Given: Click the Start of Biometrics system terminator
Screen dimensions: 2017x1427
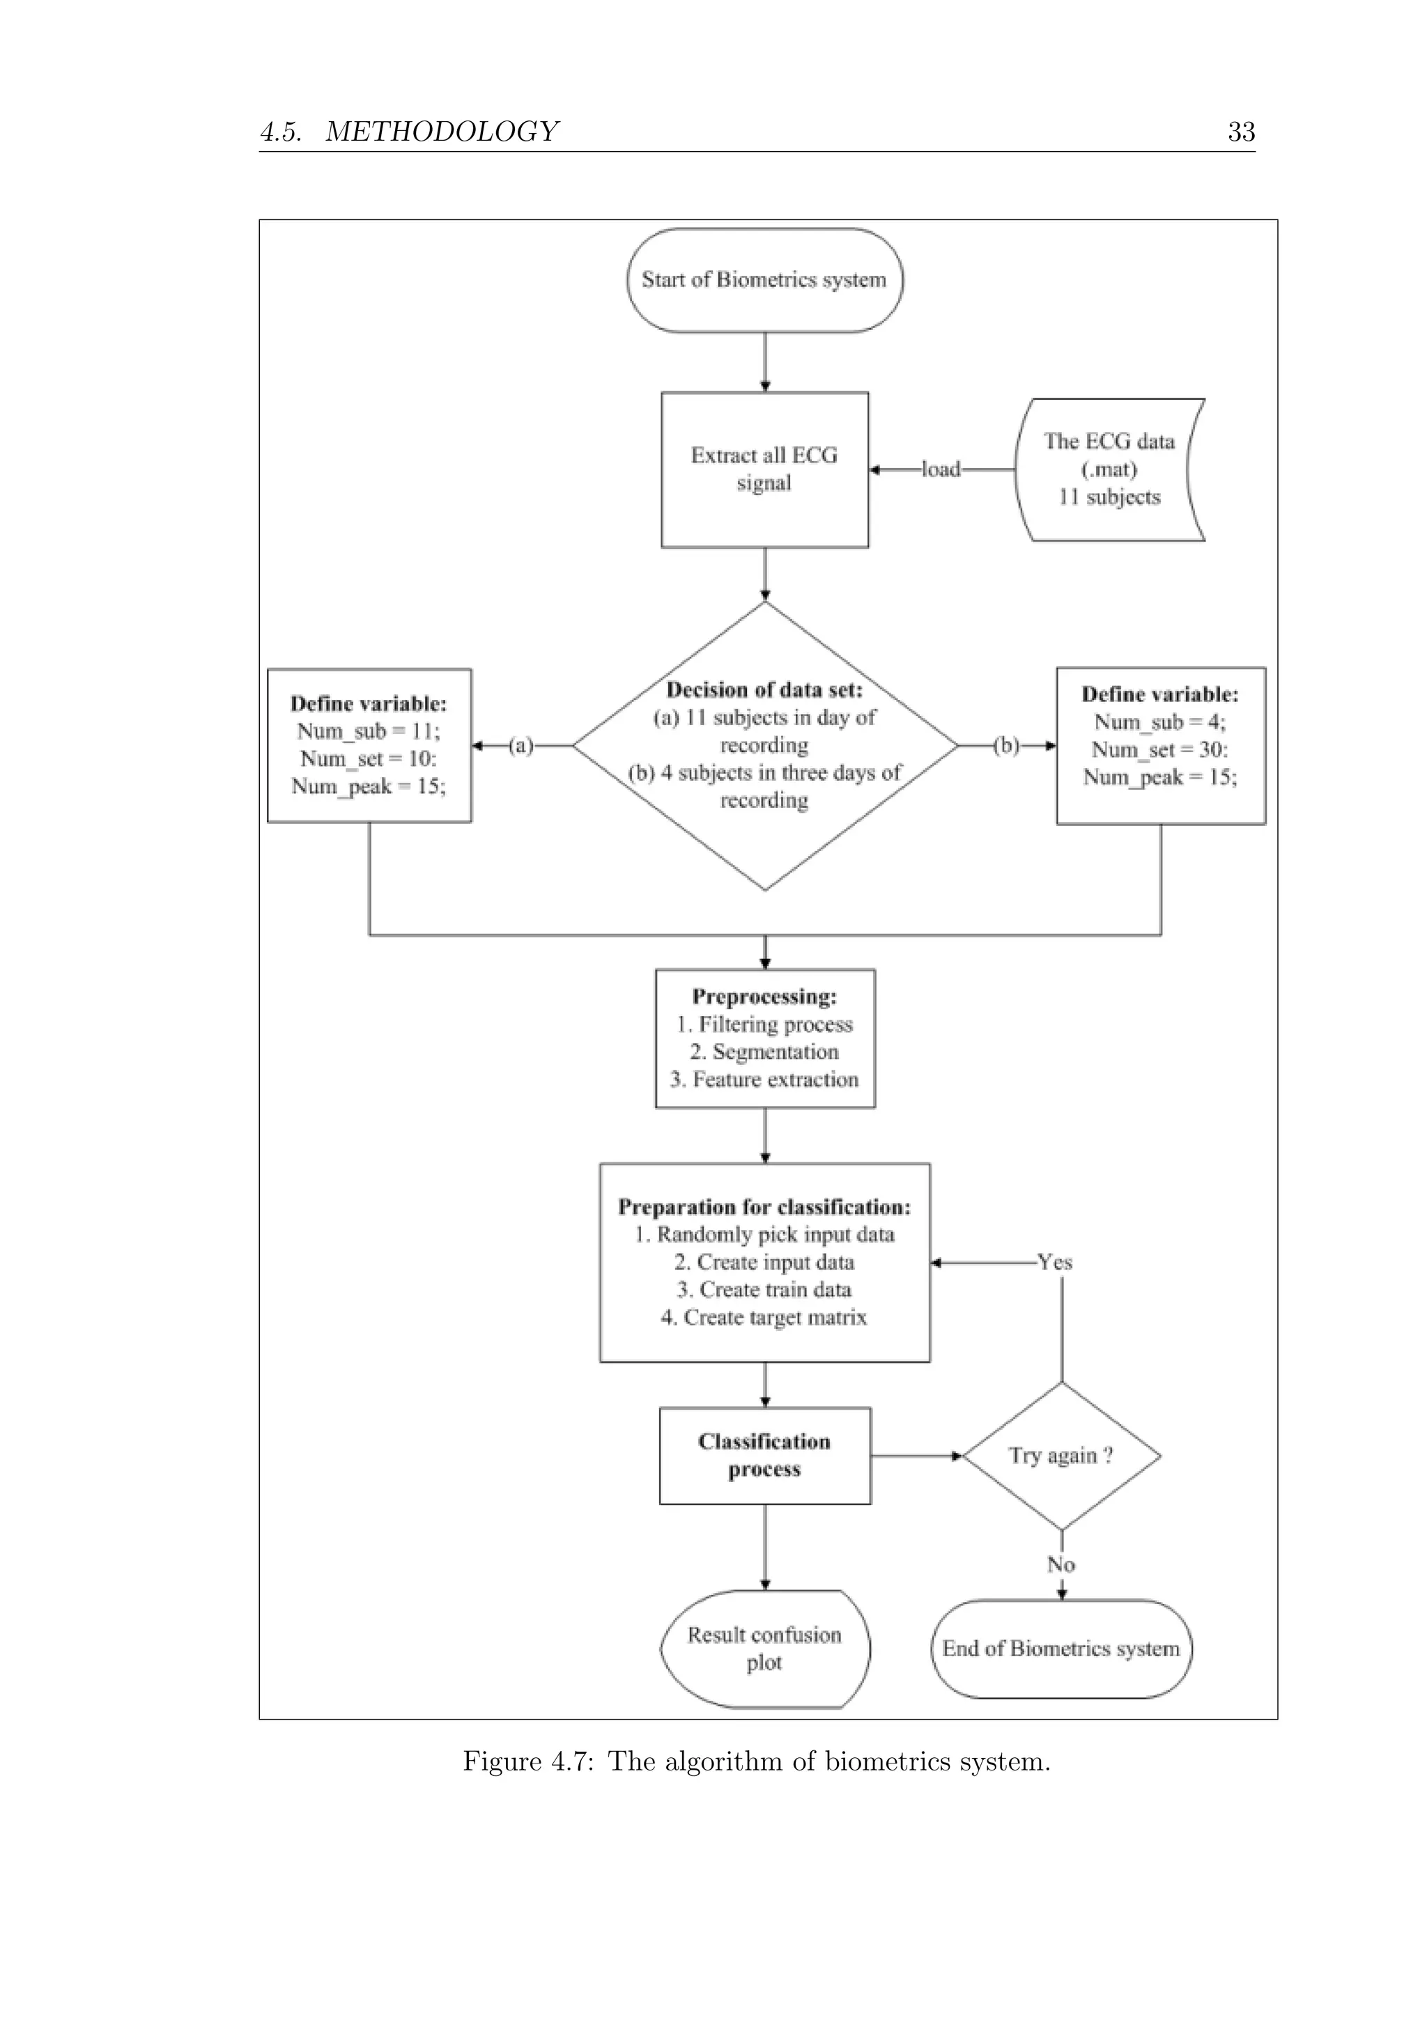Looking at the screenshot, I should click(764, 280).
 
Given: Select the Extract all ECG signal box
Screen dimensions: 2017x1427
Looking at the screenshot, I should click(764, 469).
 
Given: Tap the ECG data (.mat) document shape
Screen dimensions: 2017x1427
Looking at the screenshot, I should click(1109, 469).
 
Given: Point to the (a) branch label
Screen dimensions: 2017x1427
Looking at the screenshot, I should click(521, 746).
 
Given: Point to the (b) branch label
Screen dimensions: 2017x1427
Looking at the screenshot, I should click(1006, 746).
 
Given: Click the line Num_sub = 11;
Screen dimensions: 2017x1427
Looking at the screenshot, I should click(368, 731).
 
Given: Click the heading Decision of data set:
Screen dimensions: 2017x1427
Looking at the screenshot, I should click(764, 690).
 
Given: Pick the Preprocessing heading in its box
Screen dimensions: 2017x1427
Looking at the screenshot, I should click(764, 996).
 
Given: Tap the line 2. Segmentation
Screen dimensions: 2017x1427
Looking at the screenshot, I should click(764, 1052).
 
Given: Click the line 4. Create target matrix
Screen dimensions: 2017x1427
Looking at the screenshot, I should click(764, 1317).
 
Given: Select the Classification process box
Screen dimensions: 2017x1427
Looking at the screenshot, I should click(764, 1456).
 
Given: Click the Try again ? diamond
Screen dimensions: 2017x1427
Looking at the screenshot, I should click(1060, 1456).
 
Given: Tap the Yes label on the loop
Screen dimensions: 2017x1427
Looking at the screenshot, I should click(1054, 1263).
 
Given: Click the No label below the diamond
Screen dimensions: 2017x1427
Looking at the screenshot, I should click(1060, 1564).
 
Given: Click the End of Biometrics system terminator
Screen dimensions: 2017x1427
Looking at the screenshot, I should click(1060, 1649).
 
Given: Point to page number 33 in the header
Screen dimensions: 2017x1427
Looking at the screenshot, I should click(1241, 132).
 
